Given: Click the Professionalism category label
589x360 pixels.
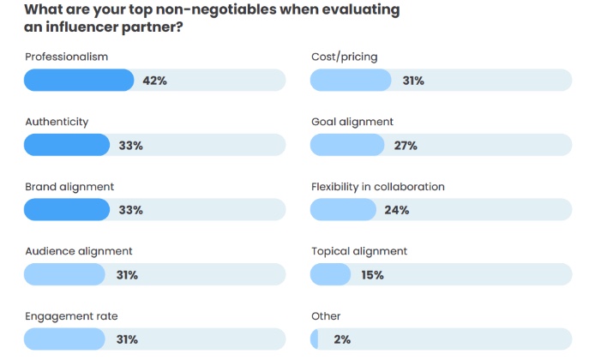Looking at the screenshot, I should click(x=66, y=57).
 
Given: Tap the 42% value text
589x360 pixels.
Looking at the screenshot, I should click(x=154, y=81).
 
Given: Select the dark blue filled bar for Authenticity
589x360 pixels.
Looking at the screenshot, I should click(x=67, y=145).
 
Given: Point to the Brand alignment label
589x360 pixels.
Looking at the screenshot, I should click(x=69, y=187).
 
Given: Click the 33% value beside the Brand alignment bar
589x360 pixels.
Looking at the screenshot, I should click(x=130, y=210).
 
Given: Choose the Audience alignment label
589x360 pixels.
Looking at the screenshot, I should click(x=78, y=251).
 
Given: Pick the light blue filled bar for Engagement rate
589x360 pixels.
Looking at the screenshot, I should click(x=65, y=339).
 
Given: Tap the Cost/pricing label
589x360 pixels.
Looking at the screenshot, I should click(x=344, y=57).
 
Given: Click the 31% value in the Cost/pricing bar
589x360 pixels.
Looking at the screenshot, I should click(x=412, y=81).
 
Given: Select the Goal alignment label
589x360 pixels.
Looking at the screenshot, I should click(x=352, y=122).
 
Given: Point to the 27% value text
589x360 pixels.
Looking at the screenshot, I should click(x=406, y=146).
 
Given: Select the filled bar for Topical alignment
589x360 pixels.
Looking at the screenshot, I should click(x=330, y=274).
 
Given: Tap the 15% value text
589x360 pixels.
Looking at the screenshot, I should click(x=372, y=275).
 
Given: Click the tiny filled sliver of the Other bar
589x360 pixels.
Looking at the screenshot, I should click(x=314, y=339).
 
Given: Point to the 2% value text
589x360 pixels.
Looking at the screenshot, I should click(x=342, y=339).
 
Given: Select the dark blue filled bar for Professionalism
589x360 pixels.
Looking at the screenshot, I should click(x=79, y=81).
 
